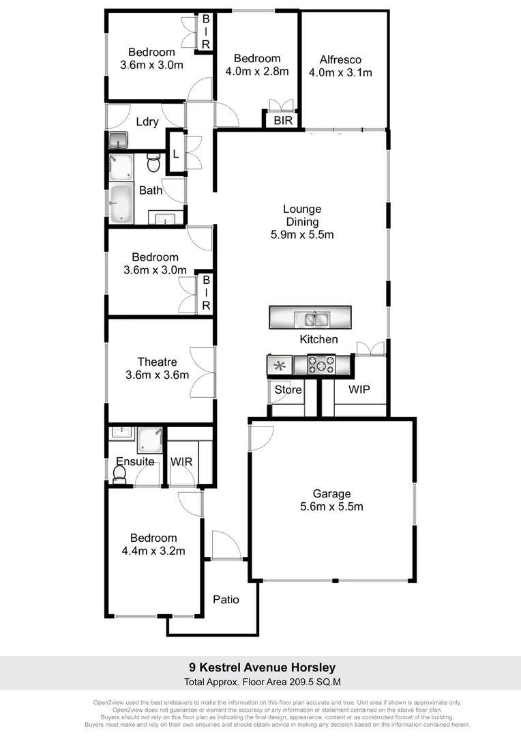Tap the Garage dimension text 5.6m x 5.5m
331,507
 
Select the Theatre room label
157,362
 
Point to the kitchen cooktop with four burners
321,364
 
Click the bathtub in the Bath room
123,203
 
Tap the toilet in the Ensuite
120,474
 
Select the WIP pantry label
359,390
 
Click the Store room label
288,390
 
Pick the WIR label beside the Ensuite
181,462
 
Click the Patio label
226,600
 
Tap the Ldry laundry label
147,122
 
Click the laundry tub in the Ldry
119,141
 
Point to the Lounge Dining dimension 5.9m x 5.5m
302,235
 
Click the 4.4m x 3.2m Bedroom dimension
153,551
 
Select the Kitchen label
318,339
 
